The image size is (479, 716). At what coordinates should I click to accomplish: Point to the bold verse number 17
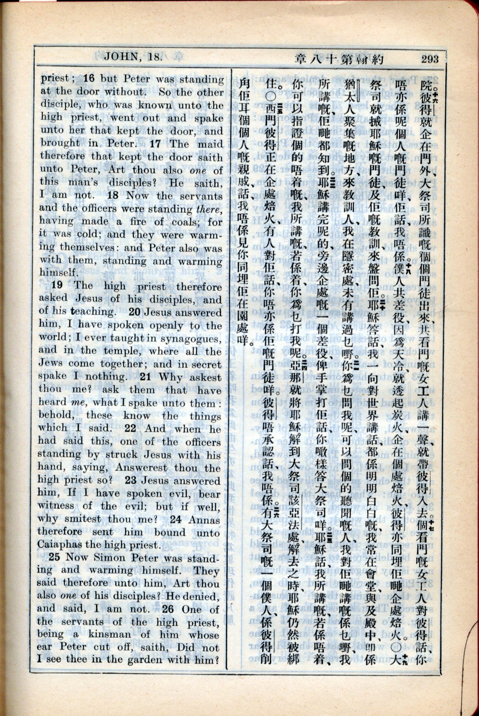point(155,143)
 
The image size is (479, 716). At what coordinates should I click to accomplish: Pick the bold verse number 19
point(57,285)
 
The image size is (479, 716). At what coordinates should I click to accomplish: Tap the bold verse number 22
point(130,428)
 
